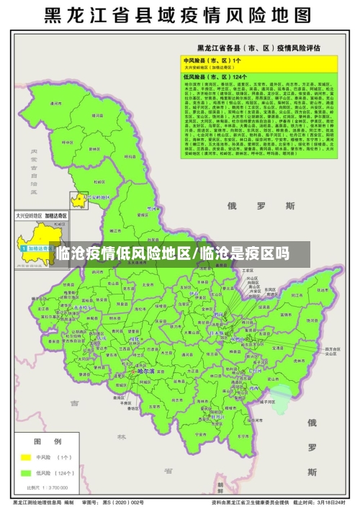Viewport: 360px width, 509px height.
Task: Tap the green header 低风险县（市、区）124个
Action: point(216,76)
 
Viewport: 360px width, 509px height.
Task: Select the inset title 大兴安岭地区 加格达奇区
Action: point(40,215)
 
